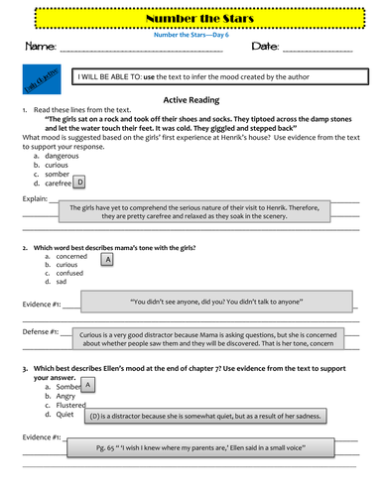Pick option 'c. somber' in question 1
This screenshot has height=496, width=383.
point(52,174)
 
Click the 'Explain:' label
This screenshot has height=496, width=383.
point(33,198)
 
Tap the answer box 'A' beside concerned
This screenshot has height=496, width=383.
point(107,259)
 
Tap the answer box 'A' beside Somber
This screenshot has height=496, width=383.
point(88,384)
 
